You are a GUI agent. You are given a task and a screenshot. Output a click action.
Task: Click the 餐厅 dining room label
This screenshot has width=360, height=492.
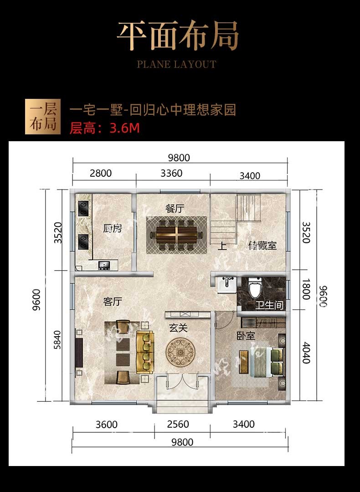click(175, 209)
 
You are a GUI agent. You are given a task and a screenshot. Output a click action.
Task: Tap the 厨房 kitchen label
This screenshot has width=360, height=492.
click(113, 228)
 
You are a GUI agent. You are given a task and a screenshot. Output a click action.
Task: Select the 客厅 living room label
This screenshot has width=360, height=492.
click(113, 302)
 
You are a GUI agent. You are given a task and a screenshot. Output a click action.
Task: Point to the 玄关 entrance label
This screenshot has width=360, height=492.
click(178, 328)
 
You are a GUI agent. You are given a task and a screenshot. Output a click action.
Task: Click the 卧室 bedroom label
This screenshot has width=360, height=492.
click(246, 336)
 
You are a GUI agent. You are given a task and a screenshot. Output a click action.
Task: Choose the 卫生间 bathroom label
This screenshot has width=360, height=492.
click(269, 305)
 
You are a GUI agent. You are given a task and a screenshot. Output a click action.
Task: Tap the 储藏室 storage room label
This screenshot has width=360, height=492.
click(262, 245)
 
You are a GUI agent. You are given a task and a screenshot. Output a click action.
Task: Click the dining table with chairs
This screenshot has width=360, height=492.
click(177, 235)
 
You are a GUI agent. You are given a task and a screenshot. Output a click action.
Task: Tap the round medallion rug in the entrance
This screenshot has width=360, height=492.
click(180, 352)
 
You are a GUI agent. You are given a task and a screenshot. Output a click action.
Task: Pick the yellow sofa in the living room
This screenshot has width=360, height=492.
click(145, 352)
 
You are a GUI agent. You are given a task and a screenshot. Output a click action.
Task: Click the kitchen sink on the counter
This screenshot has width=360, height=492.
click(104, 266)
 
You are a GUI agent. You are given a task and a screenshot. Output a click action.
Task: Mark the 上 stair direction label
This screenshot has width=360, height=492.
click(222, 246)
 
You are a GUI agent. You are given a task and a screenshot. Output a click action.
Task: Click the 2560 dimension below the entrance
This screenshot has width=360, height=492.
click(178, 424)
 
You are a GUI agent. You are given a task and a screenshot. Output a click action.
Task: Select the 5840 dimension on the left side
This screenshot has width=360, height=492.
click(57, 340)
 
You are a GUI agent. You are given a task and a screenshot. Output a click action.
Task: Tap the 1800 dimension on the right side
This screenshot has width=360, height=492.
click(306, 289)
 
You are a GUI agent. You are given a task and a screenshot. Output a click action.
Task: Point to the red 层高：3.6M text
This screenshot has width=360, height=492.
click(104, 128)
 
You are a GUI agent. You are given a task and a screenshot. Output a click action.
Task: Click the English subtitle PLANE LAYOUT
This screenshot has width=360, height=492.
click(177, 64)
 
